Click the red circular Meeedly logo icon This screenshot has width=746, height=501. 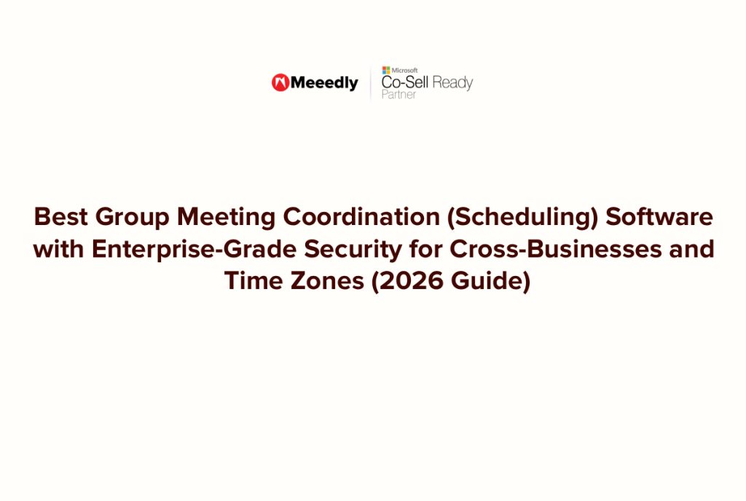(x=280, y=83)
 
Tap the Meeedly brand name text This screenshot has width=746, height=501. (x=324, y=83)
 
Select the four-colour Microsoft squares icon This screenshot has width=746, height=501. (x=386, y=70)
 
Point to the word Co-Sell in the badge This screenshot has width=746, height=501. (x=405, y=82)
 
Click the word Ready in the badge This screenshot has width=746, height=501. (x=452, y=82)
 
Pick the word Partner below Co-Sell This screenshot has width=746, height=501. (x=398, y=95)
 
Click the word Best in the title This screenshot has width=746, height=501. (x=60, y=217)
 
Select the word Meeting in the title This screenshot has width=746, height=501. (x=227, y=217)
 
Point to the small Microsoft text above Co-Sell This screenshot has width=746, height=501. (x=404, y=70)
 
